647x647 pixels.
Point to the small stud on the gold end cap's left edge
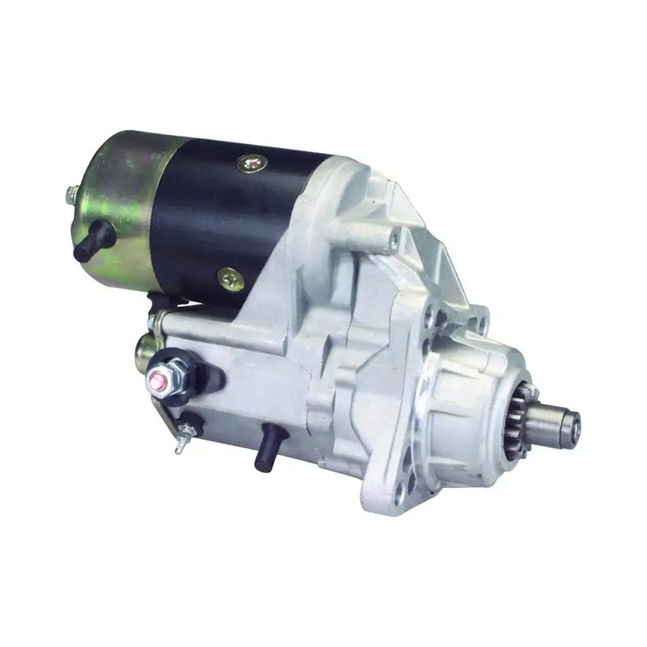click(69, 193)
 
